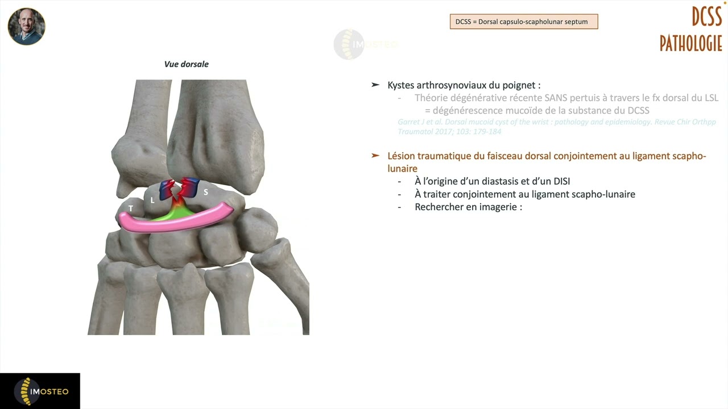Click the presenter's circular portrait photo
click(x=26, y=27)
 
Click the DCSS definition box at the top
click(x=523, y=22)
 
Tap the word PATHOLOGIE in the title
click(x=690, y=43)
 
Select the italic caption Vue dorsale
click(x=187, y=64)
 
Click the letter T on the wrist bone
click(x=131, y=208)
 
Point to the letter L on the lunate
click(x=152, y=200)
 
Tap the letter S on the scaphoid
click(x=206, y=192)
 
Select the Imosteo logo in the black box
click(x=40, y=391)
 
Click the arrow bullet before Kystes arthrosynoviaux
click(x=375, y=85)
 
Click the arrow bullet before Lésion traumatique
click(x=375, y=155)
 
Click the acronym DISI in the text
click(x=560, y=181)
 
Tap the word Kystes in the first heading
click(x=401, y=85)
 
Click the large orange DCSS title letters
click(x=706, y=16)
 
